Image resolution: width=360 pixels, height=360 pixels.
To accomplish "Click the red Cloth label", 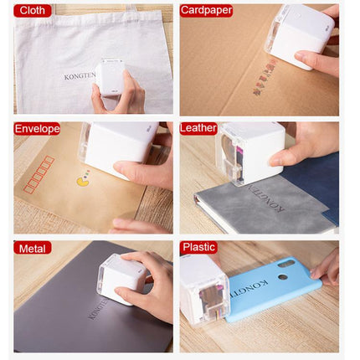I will tap(32, 11).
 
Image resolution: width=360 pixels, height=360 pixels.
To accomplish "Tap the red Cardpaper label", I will tap(206, 11).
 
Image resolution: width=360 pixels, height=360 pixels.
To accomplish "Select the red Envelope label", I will tap(37, 129).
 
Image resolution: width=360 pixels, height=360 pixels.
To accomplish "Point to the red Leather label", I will tap(199, 129).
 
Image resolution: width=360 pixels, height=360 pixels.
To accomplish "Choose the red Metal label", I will tap(32, 248).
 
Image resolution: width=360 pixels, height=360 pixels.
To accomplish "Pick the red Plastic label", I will tap(199, 248).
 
